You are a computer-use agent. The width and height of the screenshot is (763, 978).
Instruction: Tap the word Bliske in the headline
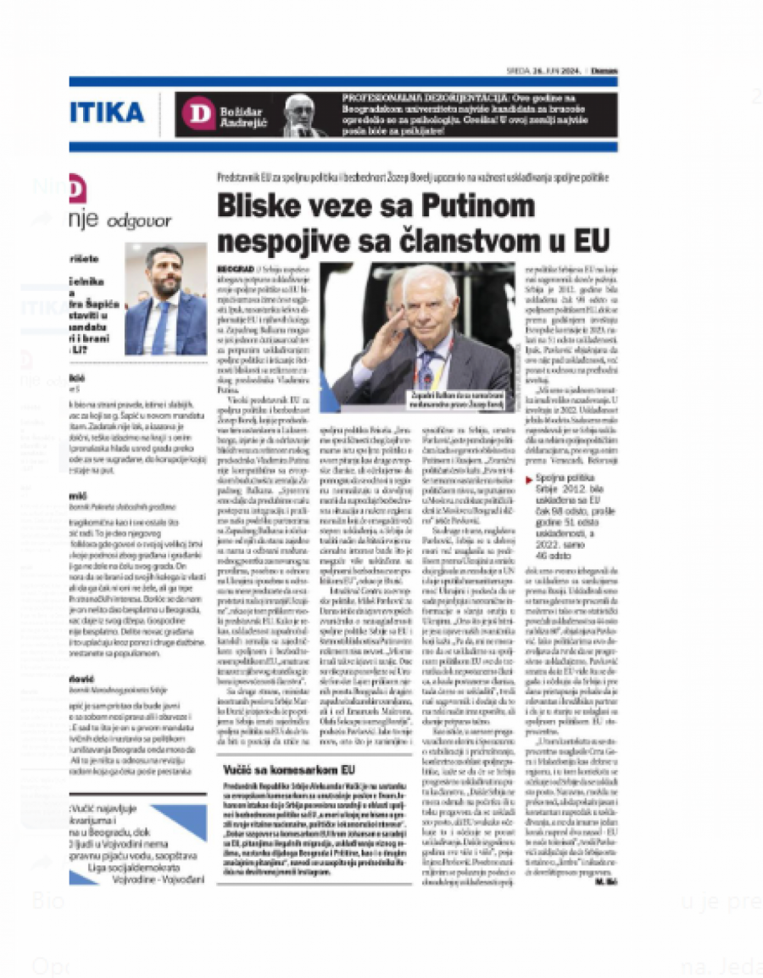(258, 206)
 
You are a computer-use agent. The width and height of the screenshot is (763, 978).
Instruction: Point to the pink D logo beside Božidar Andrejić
(198, 114)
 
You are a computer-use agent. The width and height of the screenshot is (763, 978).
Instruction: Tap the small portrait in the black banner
(304, 115)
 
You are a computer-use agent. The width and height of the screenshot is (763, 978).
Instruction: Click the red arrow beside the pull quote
(529, 480)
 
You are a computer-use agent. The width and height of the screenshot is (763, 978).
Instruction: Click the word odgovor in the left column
(139, 222)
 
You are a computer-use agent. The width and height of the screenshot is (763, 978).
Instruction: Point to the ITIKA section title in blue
(107, 113)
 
